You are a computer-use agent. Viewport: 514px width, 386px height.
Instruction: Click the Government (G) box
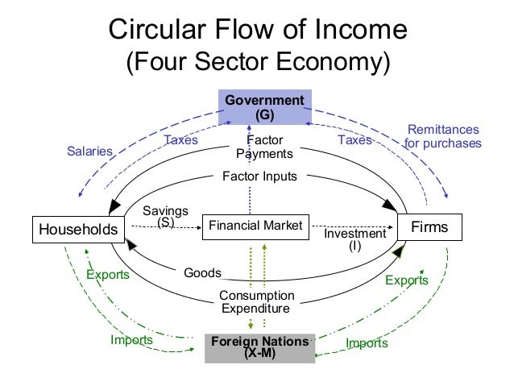265,107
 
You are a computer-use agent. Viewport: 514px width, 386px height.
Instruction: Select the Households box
78,230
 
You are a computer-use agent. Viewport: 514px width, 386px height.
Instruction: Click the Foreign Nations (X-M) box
259,347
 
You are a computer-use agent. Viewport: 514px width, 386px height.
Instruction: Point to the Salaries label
89,151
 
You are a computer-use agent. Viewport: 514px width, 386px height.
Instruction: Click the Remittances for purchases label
442,136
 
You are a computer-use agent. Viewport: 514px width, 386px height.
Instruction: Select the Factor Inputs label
259,176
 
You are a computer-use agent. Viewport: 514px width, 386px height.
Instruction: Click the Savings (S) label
165,216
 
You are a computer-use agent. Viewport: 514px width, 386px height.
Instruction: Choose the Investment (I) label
354,239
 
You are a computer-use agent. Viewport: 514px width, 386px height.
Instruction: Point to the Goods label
202,273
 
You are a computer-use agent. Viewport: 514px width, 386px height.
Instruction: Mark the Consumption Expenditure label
257,301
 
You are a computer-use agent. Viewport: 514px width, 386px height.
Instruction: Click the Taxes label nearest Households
180,139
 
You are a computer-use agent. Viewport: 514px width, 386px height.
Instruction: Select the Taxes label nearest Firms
354,139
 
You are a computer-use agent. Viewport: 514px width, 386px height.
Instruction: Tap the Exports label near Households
107,274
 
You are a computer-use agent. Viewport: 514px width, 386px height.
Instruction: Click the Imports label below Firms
367,343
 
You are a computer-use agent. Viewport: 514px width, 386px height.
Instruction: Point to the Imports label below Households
131,339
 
